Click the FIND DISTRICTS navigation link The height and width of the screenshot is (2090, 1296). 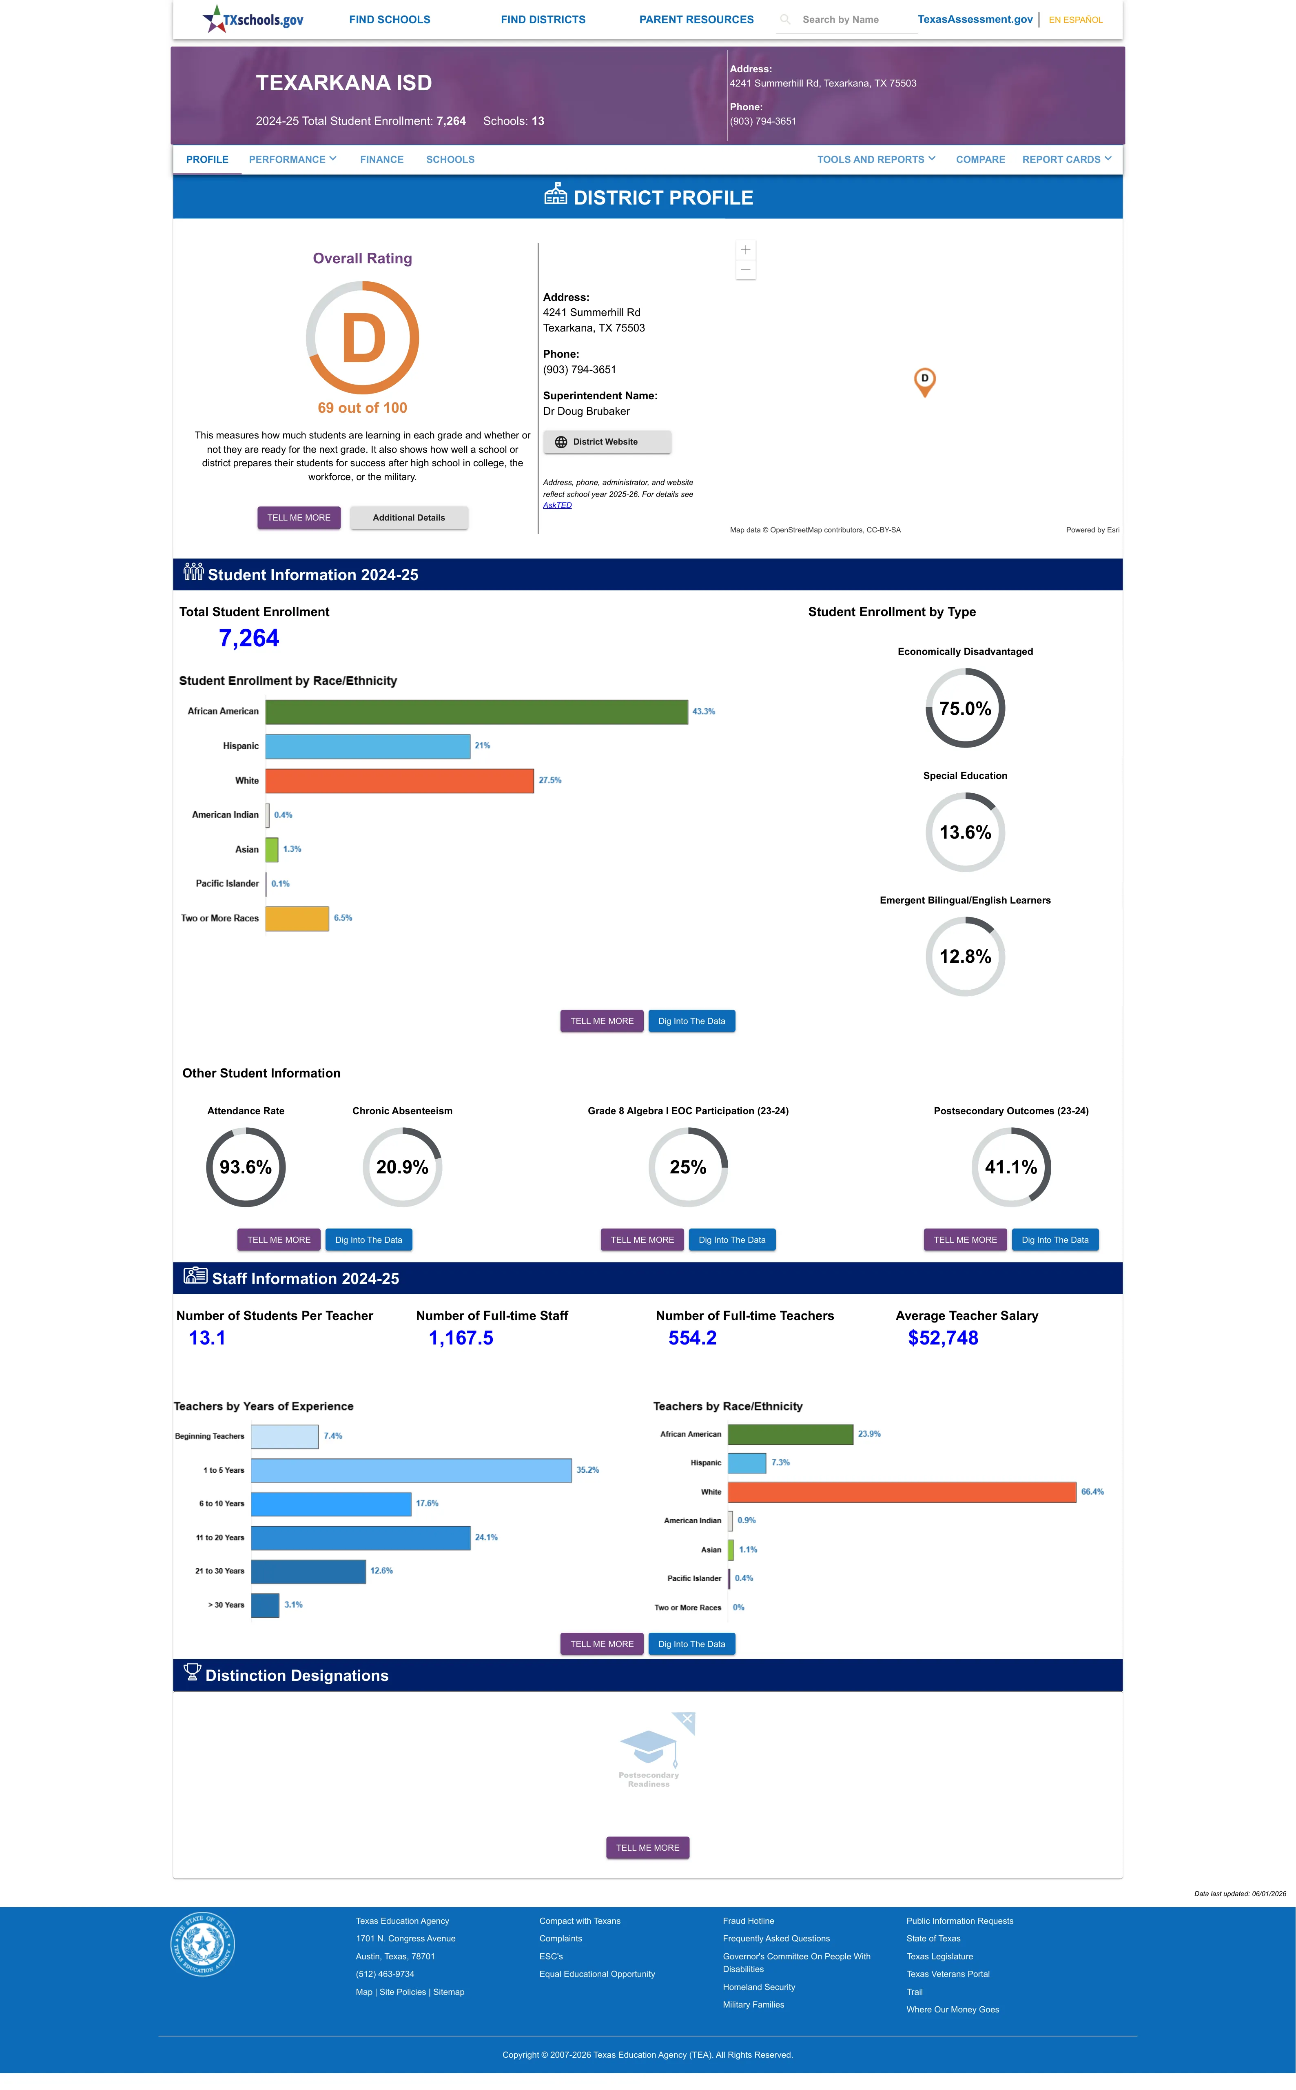coord(543,20)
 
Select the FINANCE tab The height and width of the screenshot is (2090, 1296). coord(381,160)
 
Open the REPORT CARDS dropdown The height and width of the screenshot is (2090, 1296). coord(1066,160)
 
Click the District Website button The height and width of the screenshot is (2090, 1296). coord(607,442)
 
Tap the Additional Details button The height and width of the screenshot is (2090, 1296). coord(409,518)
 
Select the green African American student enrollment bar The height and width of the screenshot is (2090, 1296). coord(476,712)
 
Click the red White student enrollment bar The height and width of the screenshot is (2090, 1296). coord(399,780)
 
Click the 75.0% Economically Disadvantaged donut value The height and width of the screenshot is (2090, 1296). coord(965,708)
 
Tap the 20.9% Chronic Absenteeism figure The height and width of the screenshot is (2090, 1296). coord(402,1167)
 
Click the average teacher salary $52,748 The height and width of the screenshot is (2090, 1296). coord(943,1338)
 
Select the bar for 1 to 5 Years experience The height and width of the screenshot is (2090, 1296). coord(412,1470)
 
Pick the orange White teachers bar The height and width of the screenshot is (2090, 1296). coord(902,1492)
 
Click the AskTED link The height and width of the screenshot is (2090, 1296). coord(557,505)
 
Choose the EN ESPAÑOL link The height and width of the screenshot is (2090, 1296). coord(1076,20)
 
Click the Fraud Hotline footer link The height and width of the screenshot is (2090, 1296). coord(748,1921)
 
